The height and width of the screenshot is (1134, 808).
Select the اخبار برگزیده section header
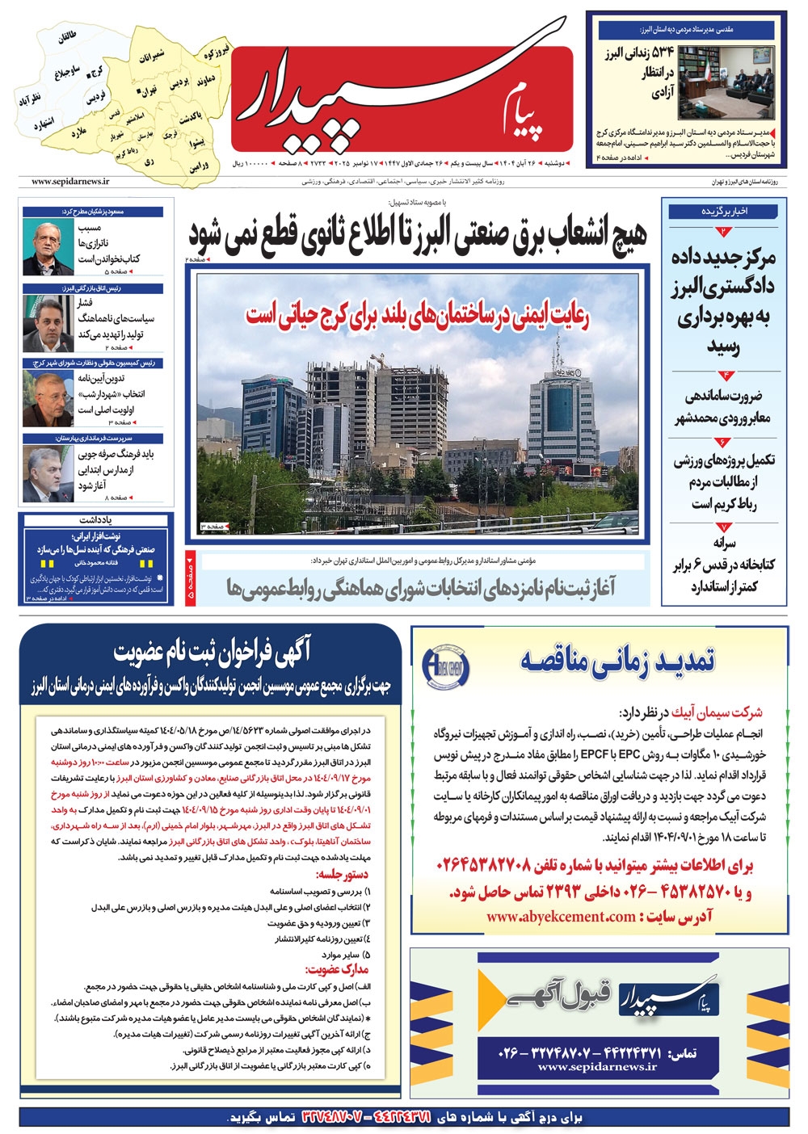coord(725,212)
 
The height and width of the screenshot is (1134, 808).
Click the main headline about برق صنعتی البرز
coord(418,235)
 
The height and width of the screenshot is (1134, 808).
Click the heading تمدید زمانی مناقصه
coord(618,660)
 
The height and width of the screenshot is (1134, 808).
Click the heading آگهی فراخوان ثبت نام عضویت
coord(212,652)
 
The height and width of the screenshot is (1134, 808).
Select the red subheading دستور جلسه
coord(342,874)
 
